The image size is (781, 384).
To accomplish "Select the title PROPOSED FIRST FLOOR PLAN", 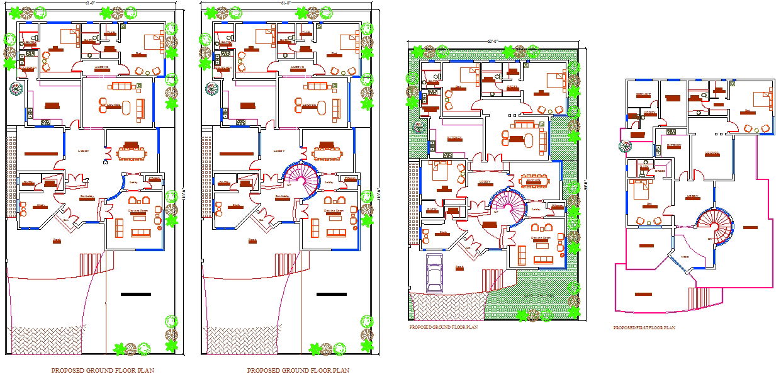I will (644, 328).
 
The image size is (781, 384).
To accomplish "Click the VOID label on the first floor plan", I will (685, 257).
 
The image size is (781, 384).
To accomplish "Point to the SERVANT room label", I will (643, 94).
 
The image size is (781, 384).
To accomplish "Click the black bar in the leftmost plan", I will (135, 294).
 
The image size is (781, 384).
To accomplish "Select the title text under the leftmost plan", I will (103, 371).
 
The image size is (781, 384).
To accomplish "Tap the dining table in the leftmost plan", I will (131, 153).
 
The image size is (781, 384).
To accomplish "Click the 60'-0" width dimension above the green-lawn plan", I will (492, 42).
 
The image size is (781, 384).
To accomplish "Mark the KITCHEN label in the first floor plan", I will (674, 145).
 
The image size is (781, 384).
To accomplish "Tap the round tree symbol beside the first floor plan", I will (624, 147).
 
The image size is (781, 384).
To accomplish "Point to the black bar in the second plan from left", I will (332, 294).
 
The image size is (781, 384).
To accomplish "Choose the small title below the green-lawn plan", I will (443, 327).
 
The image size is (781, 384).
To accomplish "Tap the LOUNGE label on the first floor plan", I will (712, 153).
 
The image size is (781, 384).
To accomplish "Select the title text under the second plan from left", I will (298, 371).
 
